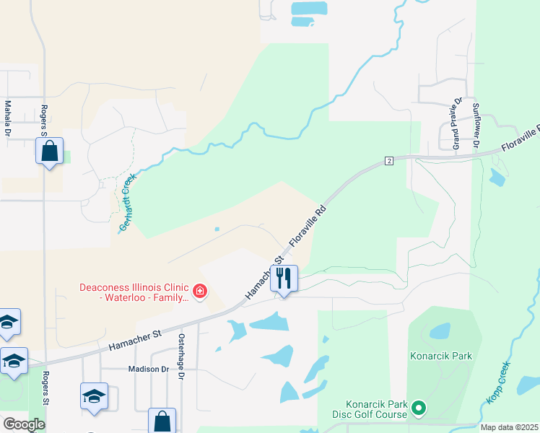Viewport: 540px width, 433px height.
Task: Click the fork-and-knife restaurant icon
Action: tap(284, 278)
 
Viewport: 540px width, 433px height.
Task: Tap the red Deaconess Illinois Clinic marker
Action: tap(200, 292)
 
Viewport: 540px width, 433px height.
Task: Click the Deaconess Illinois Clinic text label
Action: tap(134, 292)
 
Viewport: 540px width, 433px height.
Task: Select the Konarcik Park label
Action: tap(440, 356)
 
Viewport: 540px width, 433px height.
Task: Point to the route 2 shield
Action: tap(388, 159)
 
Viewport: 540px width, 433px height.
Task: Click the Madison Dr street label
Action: tap(148, 369)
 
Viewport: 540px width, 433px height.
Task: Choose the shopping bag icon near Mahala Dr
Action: tap(49, 152)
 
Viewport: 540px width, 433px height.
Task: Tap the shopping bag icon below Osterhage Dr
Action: tap(162, 421)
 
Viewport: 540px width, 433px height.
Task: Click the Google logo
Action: tap(25, 424)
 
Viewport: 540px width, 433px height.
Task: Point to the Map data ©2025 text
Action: tap(509, 427)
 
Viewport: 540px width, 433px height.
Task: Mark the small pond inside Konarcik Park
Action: tap(440, 331)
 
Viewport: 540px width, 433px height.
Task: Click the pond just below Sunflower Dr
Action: tap(497, 177)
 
